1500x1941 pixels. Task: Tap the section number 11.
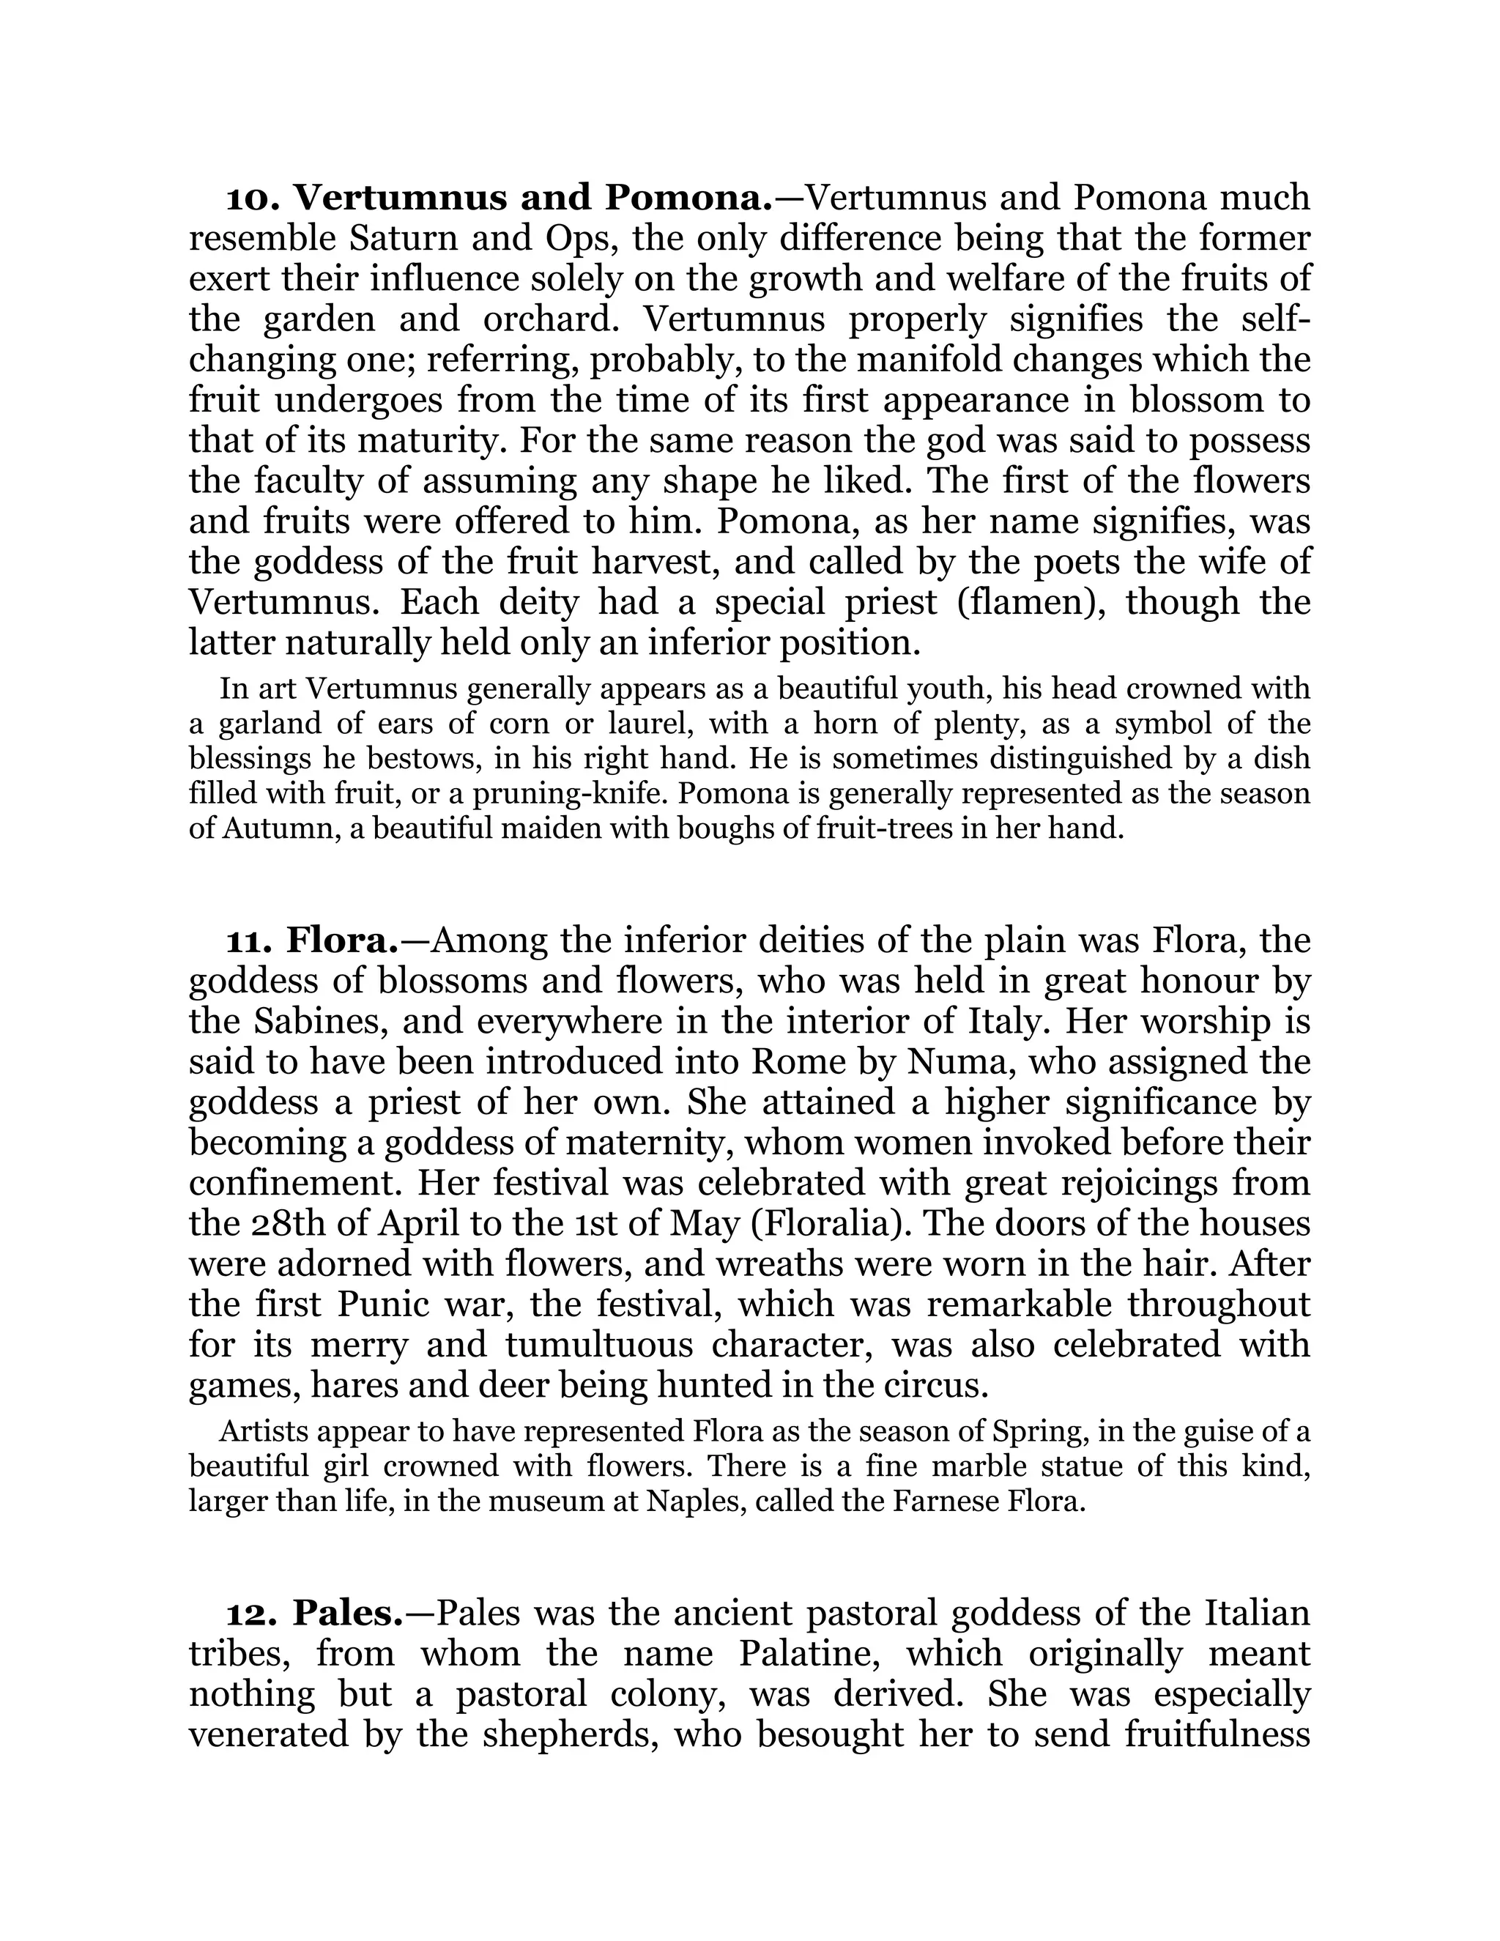click(250, 941)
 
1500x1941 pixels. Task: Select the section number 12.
click(253, 1613)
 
